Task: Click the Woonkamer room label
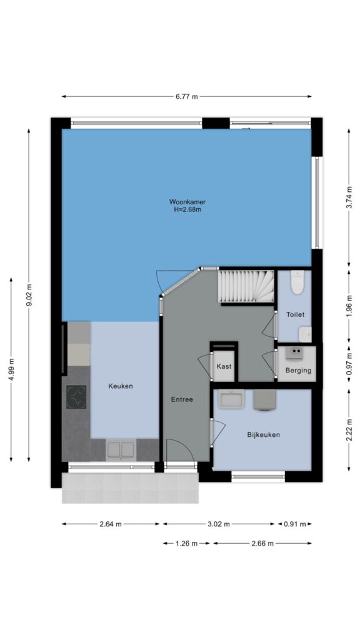[187, 202]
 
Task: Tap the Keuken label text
[121, 386]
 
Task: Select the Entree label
[182, 399]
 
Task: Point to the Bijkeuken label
[264, 434]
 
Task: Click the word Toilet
[295, 315]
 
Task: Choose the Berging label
[298, 371]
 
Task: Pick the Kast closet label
[224, 366]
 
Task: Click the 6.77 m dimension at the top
[187, 97]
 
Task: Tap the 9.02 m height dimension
[29, 295]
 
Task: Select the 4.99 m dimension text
[11, 369]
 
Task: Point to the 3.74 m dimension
[349, 198]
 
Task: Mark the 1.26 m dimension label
[186, 543]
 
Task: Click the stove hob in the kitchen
[76, 397]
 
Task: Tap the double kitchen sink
[121, 450]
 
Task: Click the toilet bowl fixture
[297, 282]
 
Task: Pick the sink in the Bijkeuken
[231, 399]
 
